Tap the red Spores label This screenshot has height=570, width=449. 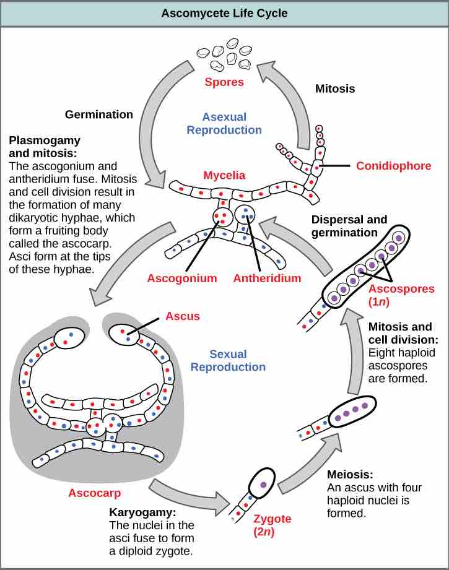224,82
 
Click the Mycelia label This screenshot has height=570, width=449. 224,175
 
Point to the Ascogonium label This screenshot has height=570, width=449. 182,278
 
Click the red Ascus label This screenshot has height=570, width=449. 183,316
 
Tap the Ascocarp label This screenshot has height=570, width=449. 94,493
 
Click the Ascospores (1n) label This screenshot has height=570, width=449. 396,295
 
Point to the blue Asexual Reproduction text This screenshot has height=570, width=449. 224,123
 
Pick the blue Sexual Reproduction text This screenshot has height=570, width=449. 228,360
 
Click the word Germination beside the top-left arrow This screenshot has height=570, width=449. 99,114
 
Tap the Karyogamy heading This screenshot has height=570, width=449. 139,513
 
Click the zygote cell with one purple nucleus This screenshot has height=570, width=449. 262,484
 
